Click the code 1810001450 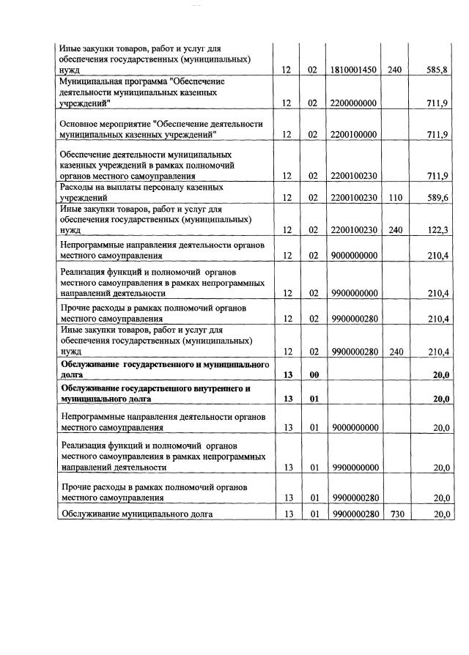[354, 70]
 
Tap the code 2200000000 [354, 103]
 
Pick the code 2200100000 [354, 135]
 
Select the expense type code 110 [396, 198]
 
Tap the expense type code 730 [396, 514]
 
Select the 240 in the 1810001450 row [396, 70]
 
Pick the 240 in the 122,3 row [396, 230]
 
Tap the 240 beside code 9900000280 [396, 352]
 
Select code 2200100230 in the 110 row [354, 198]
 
